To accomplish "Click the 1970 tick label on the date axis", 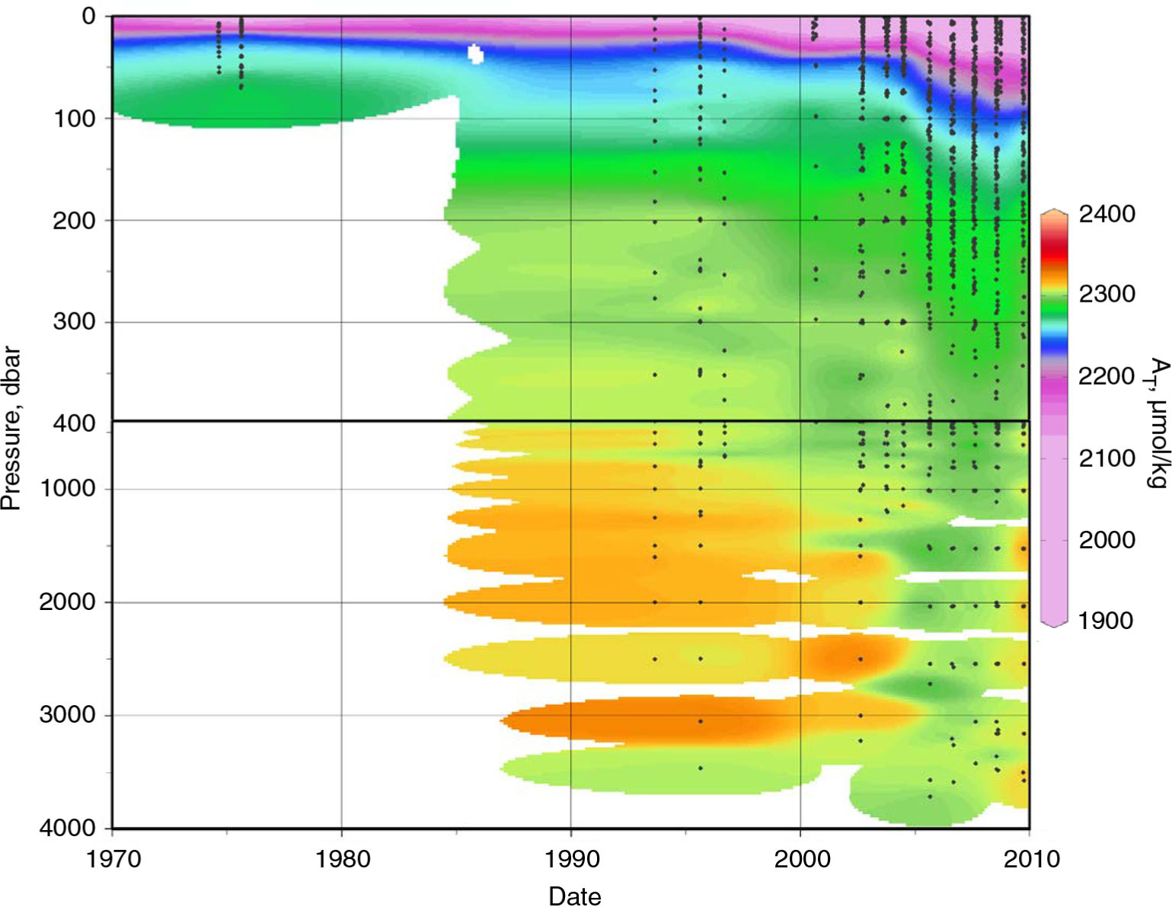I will tap(113, 859).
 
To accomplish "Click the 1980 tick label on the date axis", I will tap(342, 859).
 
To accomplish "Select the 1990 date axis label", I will tap(571, 859).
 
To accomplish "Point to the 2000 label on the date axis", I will tap(801, 859).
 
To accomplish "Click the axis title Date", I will tap(574, 896).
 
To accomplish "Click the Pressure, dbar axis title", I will tap(11, 428).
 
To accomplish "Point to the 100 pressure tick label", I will tap(74, 119).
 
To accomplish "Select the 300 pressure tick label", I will tap(74, 322).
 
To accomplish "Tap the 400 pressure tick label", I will tap(74, 423).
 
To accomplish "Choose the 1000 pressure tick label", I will tap(67, 488).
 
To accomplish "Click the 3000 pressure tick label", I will tap(67, 714).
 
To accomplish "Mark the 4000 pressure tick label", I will tap(67, 827).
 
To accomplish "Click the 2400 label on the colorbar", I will tap(1107, 214).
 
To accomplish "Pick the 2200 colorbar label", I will tap(1107, 376).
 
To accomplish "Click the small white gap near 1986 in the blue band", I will tap(476, 53).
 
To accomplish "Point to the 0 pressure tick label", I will tap(89, 16).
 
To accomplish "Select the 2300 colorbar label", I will tap(1107, 294).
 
